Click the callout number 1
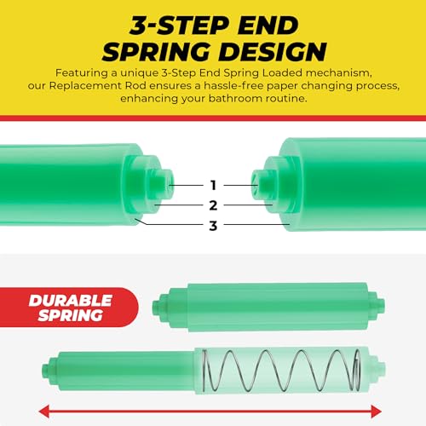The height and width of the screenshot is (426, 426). tap(213, 184)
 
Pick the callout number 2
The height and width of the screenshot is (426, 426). tap(213, 204)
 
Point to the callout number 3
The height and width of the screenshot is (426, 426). tap(213, 225)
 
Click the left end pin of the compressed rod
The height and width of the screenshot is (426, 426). tap(155, 302)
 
